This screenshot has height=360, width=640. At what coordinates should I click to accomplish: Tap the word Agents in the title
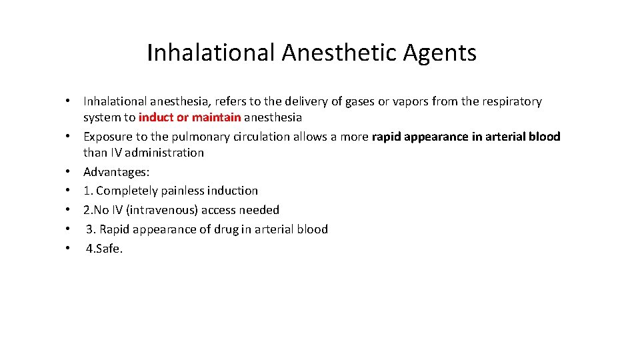pyautogui.click(x=439, y=53)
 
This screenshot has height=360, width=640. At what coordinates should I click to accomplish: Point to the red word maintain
pyautogui.click(x=216, y=117)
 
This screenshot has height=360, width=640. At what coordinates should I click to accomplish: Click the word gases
pyautogui.click(x=360, y=102)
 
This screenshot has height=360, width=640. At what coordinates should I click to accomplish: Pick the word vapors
pyautogui.click(x=409, y=102)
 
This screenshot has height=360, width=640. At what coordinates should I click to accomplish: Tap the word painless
pyautogui.click(x=183, y=191)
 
